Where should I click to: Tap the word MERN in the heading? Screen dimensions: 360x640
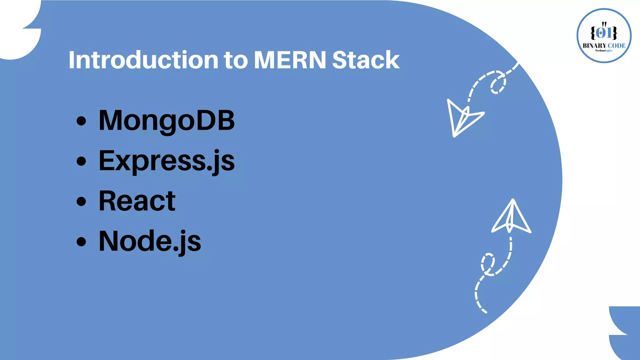290,60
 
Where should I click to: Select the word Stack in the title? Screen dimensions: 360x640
366,60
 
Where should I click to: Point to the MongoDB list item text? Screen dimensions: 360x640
167,121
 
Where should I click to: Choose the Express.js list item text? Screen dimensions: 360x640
167,161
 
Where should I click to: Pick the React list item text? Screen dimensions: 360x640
137,201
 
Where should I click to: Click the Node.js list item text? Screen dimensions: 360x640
150,241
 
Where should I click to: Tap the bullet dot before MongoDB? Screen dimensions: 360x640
81,121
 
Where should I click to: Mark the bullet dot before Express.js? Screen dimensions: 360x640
81,161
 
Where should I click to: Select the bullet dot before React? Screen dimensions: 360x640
81,201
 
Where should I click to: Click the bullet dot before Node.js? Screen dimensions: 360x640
81,241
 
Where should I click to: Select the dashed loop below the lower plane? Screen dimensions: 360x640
487,264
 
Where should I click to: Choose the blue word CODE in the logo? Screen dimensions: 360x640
617,46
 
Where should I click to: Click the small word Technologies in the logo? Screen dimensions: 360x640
604,51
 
